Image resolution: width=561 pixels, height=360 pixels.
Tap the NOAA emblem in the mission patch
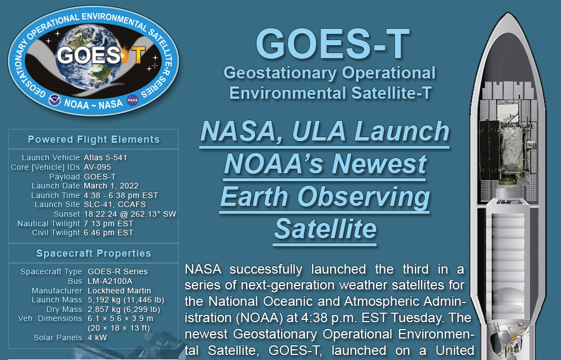pyautogui.click(x=55, y=100)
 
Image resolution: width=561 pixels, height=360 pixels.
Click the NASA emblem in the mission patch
pyautogui.click(x=133, y=100)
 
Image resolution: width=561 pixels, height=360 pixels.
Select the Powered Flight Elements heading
pyautogui.click(x=94, y=139)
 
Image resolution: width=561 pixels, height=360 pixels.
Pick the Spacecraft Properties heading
pyautogui.click(x=94, y=253)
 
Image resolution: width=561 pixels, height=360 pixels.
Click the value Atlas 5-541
pyautogui.click(x=106, y=157)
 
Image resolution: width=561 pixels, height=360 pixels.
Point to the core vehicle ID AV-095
pyautogui.click(x=97, y=167)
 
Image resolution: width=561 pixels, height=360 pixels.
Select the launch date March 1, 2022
pyautogui.click(x=111, y=186)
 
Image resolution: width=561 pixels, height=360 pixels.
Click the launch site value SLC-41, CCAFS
pyautogui.click(x=115, y=204)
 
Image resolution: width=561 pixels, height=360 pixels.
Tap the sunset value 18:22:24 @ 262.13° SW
pyautogui.click(x=130, y=214)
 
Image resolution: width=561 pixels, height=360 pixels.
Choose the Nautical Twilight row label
pyautogui.click(x=50, y=223)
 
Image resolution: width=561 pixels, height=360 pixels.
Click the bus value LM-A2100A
pyautogui.click(x=110, y=281)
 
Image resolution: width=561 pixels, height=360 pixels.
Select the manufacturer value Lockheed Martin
pyautogui.click(x=119, y=291)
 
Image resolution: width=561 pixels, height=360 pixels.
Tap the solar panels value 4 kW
pyautogui.click(x=97, y=337)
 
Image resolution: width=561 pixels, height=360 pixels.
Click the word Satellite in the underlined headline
pyautogui.click(x=326, y=229)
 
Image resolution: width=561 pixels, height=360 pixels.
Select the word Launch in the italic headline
pyautogui.click(x=402, y=131)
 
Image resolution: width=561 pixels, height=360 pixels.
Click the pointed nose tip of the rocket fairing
pyautogui.click(x=508, y=13)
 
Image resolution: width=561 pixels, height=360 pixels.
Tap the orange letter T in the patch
pyautogui.click(x=137, y=55)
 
